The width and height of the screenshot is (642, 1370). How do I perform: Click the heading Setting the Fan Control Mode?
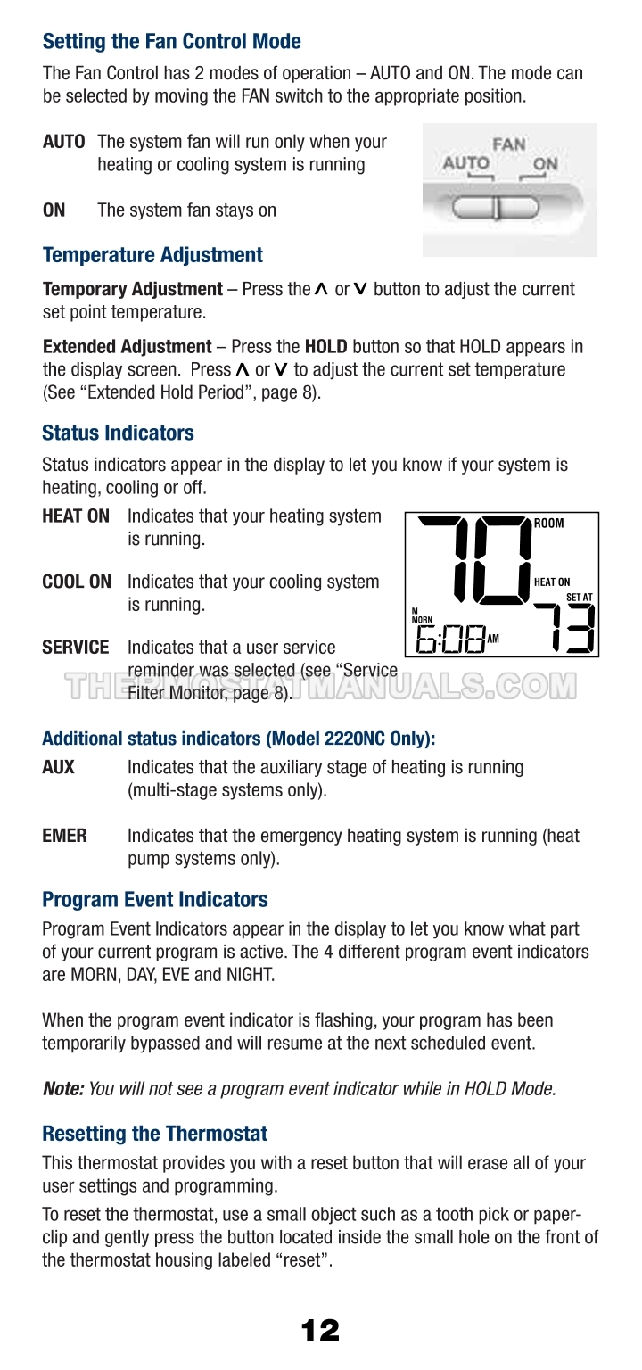[172, 42]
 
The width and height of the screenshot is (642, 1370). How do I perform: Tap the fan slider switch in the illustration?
[497, 208]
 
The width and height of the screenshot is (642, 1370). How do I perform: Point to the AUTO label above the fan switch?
[466, 163]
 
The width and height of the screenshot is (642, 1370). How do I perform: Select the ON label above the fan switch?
[545, 164]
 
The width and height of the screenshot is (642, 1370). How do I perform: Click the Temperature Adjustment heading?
[152, 255]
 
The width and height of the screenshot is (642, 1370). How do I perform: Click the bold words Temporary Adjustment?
[132, 289]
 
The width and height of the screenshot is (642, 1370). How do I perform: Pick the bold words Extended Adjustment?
[127, 346]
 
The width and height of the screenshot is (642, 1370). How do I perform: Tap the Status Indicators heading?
[118, 433]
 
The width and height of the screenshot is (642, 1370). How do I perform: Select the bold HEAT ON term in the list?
[76, 516]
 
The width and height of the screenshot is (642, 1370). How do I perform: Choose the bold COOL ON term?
[77, 582]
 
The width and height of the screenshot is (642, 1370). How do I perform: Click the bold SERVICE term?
[76, 648]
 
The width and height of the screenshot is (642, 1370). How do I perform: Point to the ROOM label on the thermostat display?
[549, 524]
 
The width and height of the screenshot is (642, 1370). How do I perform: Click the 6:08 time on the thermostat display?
[451, 638]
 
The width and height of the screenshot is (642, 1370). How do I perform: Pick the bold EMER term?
[65, 837]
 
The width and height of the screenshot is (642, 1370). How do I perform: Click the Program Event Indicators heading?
[155, 899]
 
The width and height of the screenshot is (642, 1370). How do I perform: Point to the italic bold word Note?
[63, 1088]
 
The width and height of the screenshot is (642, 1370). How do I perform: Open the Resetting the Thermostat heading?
[155, 1135]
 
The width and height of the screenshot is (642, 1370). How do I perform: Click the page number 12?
[320, 1331]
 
